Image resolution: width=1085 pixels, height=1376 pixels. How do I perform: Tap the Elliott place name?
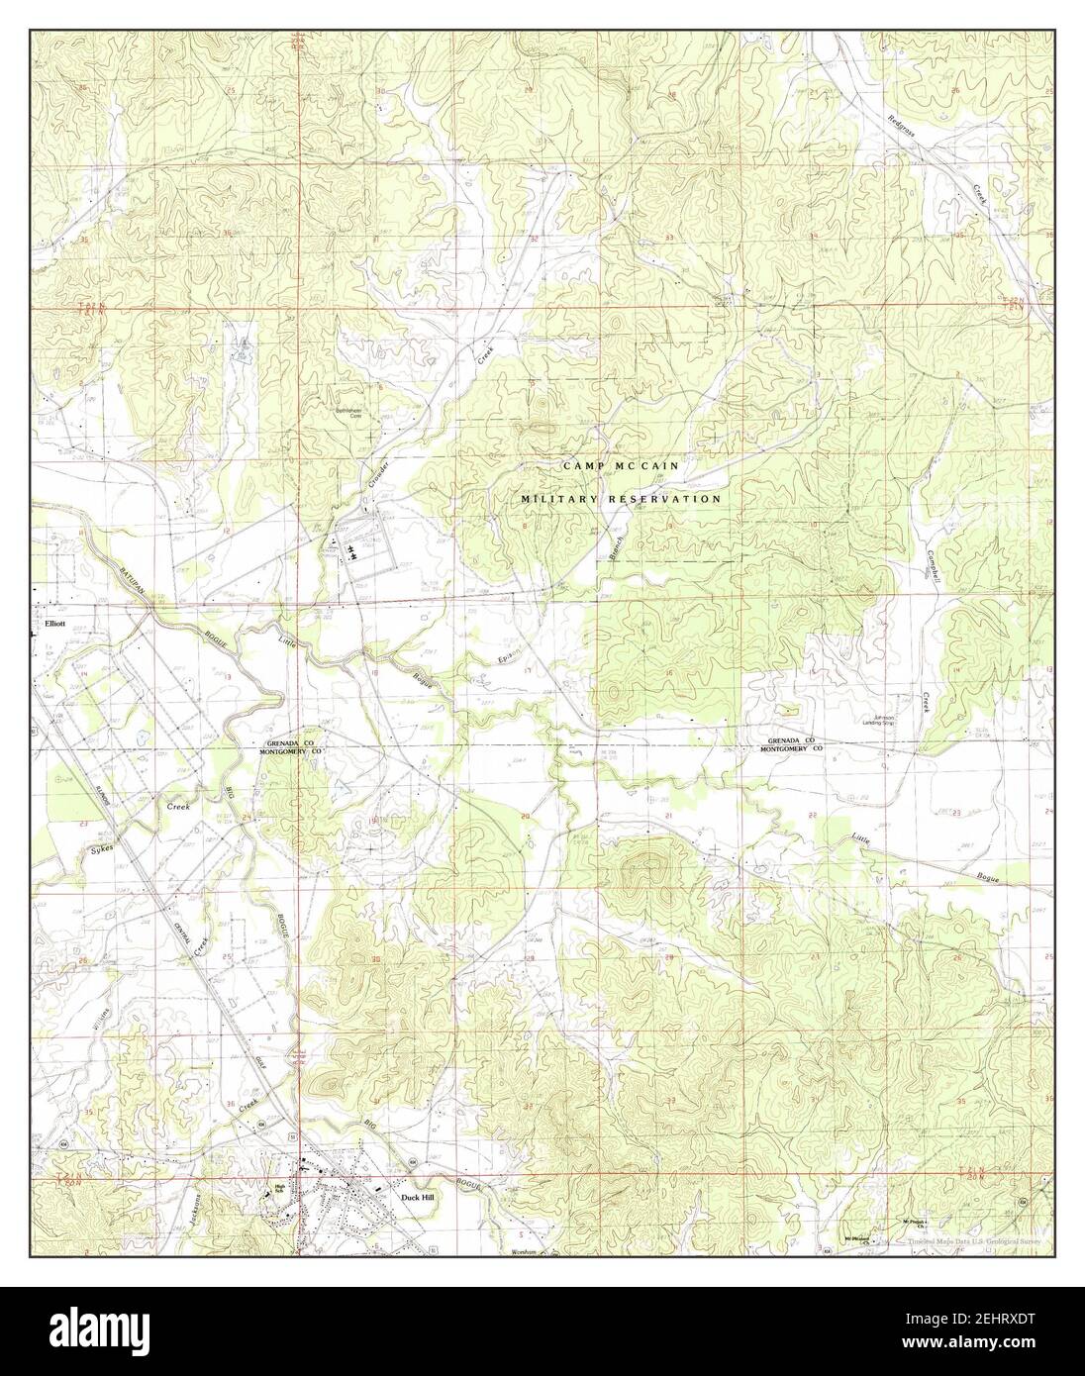coord(55,625)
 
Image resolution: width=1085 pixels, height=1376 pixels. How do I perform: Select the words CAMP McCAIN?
coord(620,464)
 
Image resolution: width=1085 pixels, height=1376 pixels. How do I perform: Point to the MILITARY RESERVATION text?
coord(622,500)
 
